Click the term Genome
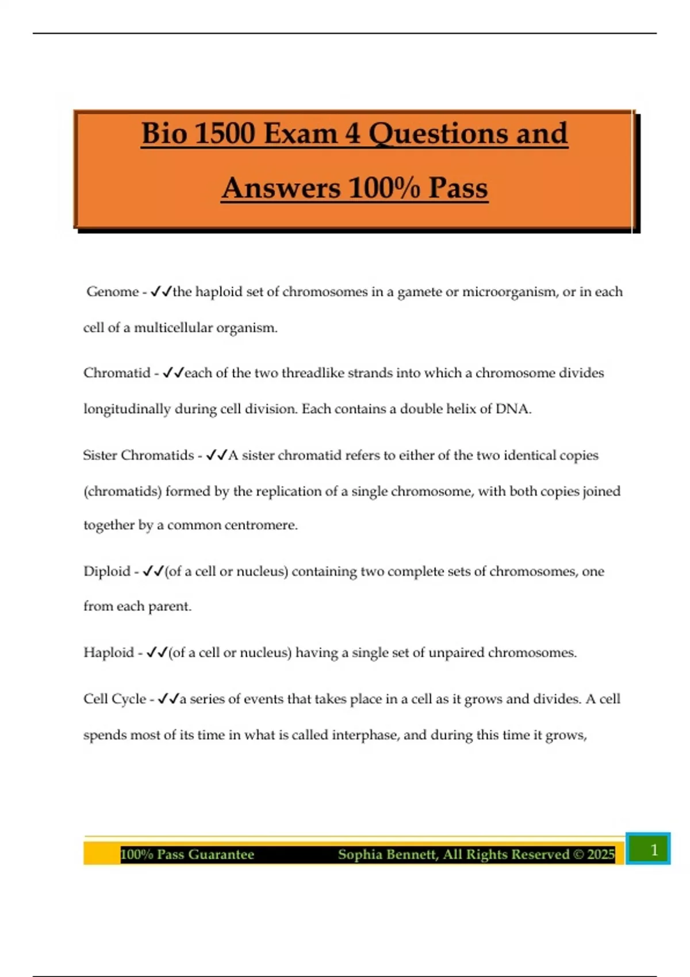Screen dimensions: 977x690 [113, 292]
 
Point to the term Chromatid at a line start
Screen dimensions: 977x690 [117, 373]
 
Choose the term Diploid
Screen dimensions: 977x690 [107, 571]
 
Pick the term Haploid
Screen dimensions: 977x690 [109, 653]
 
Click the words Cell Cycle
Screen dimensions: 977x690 [115, 699]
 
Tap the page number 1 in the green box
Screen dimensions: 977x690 [653, 850]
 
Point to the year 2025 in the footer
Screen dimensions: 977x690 [601, 855]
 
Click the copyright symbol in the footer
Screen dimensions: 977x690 [578, 855]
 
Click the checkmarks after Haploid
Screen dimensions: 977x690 [156, 653]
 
